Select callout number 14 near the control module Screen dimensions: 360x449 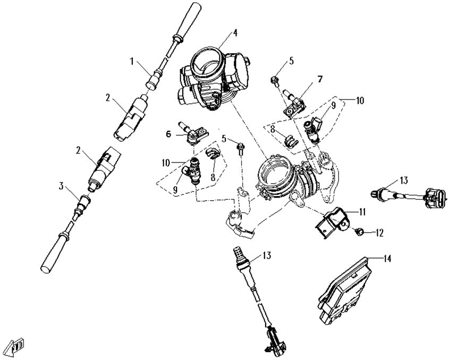[387, 259]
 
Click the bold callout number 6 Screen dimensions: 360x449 [168, 135]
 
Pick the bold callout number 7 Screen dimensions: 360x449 [320, 79]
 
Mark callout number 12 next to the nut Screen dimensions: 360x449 [379, 232]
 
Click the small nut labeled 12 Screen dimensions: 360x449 [359, 232]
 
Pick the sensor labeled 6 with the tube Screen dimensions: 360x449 [194, 135]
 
